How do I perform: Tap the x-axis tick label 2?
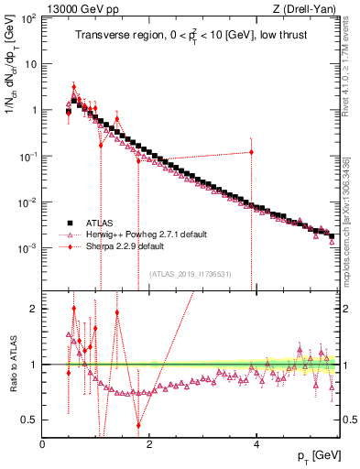pos(149,444)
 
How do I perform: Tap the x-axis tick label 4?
pos(256,444)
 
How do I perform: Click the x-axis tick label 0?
pos(43,444)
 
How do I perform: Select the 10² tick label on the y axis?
pos(27,18)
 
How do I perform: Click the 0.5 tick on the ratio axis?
pos(30,420)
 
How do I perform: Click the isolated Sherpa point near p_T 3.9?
pos(250,152)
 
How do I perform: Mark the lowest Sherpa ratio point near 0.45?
pos(138,425)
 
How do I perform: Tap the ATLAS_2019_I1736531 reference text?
pos(190,274)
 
